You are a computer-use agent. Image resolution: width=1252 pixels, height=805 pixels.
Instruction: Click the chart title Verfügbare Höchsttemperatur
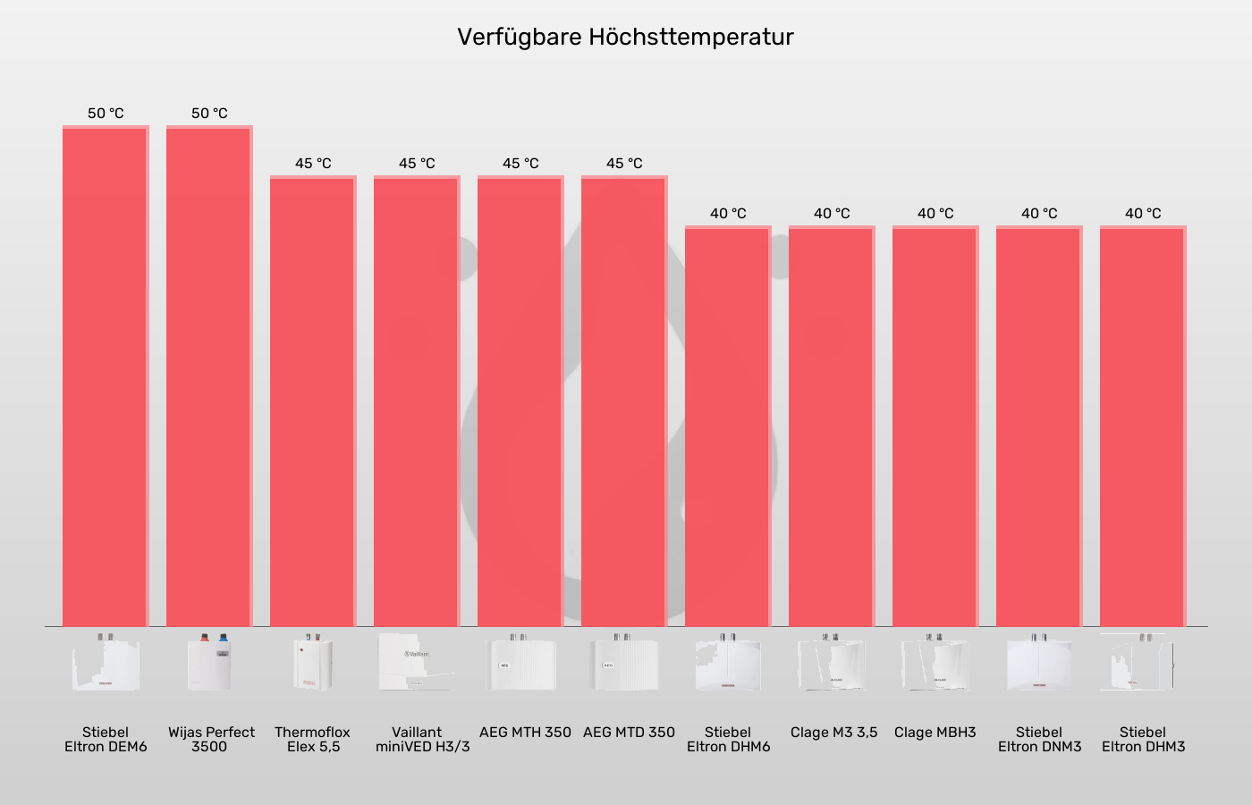[625, 37]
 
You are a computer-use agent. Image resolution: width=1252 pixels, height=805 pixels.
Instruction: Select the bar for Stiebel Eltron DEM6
[106, 376]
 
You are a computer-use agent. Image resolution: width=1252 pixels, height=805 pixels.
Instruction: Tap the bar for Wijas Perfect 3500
[209, 376]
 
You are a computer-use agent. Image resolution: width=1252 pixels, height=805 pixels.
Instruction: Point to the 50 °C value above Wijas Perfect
[209, 114]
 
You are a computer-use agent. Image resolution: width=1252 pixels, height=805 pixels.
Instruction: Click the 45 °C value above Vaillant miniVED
[417, 164]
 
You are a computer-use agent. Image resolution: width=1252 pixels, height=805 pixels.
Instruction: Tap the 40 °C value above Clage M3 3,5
[832, 214]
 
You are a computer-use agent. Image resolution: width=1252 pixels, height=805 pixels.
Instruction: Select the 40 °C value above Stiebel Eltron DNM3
[1039, 214]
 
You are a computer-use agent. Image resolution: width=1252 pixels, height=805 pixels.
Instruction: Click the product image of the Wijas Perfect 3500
[209, 663]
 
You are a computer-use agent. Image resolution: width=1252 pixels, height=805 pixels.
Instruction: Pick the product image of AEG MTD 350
[623, 663]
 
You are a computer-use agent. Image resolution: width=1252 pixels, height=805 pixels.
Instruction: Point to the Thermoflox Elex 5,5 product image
[313, 663]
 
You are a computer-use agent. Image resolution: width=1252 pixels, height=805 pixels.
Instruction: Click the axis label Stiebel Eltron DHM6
[728, 739]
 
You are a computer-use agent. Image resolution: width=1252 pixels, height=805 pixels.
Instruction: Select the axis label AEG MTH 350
[525, 732]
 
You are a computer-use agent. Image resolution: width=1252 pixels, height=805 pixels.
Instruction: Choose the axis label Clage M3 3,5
[833, 732]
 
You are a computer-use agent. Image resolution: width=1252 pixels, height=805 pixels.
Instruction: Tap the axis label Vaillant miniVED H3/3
[422, 739]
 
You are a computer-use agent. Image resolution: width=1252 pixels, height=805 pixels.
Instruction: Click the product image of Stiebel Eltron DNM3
[1039, 663]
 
